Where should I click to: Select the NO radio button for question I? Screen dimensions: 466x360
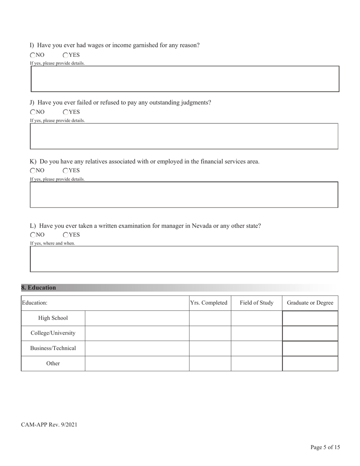(x=33, y=55)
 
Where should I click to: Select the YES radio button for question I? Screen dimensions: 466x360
(x=66, y=55)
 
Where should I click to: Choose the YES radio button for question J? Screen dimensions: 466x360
(x=66, y=112)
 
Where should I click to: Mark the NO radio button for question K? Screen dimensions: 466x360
(x=33, y=171)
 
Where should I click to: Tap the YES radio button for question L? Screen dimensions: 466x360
(x=66, y=235)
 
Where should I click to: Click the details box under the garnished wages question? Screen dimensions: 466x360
(x=185, y=79)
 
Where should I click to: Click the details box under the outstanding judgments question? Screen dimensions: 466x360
(x=184, y=136)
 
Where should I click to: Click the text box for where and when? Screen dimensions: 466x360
(x=184, y=259)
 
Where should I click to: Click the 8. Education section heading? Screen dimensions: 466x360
(x=39, y=288)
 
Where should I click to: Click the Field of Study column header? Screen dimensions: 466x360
(x=257, y=303)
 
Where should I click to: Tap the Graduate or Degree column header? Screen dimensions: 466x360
(x=310, y=303)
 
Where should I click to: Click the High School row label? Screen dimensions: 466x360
(x=53, y=318)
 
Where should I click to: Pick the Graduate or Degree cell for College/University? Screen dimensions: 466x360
(x=310, y=333)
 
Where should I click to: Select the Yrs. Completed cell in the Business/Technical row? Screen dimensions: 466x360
(x=210, y=348)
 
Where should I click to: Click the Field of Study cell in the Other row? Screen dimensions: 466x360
(x=257, y=363)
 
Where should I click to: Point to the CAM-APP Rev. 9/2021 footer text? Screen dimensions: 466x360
(x=49, y=425)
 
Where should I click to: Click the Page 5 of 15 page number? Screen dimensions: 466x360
(x=325, y=447)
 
